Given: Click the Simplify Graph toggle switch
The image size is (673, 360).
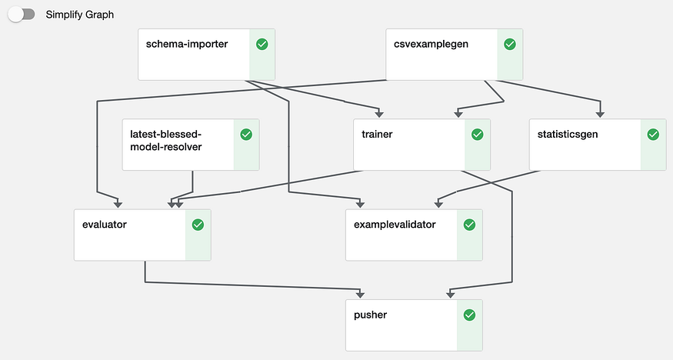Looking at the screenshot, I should pyautogui.click(x=22, y=15).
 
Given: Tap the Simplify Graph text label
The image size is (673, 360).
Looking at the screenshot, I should pyautogui.click(x=80, y=15).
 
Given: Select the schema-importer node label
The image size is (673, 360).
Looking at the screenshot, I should pyautogui.click(x=187, y=44).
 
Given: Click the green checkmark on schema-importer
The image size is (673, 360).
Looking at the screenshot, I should pyautogui.click(x=262, y=45).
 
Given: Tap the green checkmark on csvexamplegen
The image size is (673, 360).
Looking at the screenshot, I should pyautogui.click(x=509, y=45).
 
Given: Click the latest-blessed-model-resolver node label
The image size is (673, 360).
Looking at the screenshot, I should pyautogui.click(x=166, y=140).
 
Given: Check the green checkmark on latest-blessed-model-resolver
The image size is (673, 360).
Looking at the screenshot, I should pyautogui.click(x=246, y=135).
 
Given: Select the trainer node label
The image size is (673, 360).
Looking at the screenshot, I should pyautogui.click(x=377, y=134).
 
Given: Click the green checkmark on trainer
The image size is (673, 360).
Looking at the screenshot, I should pyautogui.click(x=477, y=135).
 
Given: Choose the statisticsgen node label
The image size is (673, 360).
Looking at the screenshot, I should pyautogui.click(x=568, y=134).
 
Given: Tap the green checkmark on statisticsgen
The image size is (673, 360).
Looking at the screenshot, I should pyautogui.click(x=653, y=135).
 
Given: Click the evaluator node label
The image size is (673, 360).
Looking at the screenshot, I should pyautogui.click(x=104, y=225).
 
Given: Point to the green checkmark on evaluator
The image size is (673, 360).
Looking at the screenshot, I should pyautogui.click(x=198, y=225).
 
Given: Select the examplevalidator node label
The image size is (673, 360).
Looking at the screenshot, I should pyautogui.click(x=395, y=225).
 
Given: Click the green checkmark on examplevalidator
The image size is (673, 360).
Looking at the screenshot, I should pyautogui.click(x=469, y=225).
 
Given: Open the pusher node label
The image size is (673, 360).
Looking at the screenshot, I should pyautogui.click(x=370, y=315).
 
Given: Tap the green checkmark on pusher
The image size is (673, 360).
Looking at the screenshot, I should pyautogui.click(x=469, y=315).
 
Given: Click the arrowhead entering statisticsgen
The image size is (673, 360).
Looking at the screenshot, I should pyautogui.click(x=600, y=115).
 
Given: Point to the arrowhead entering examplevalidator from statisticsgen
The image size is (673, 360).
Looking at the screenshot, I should pyautogui.click(x=438, y=205).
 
